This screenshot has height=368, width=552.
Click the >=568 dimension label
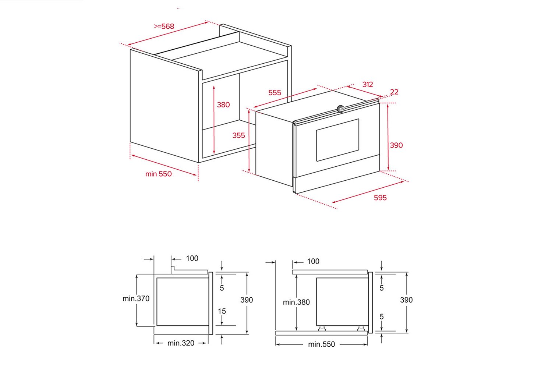(164, 26)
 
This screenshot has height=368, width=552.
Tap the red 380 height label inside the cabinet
(223, 105)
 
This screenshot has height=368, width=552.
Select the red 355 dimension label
(238, 135)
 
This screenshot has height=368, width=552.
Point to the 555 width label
(275, 93)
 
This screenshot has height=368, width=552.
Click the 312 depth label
(367, 85)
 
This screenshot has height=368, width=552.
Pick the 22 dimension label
(394, 92)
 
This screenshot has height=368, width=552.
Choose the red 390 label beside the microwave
(396, 145)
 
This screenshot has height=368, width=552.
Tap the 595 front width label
(380, 198)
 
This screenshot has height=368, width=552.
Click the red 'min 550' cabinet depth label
(159, 174)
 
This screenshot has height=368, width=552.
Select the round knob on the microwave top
(340, 109)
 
